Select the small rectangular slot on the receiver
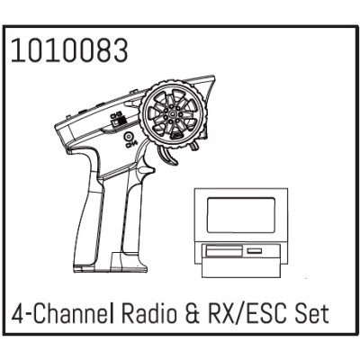coord(255,249)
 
